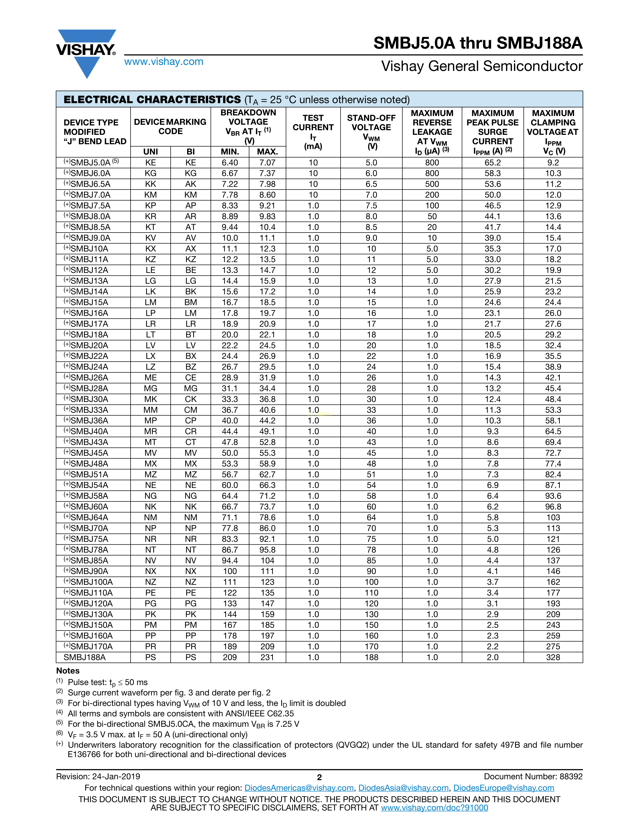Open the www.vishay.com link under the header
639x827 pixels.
click(x=164, y=62)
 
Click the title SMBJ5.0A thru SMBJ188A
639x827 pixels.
click(x=478, y=43)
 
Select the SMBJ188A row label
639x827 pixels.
click(x=84, y=657)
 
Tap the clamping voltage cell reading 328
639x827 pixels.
click(x=553, y=657)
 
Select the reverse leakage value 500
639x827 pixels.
click(x=432, y=184)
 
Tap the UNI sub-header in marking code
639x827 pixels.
click(x=151, y=152)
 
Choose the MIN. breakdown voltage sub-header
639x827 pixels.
click(x=230, y=152)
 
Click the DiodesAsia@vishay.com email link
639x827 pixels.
click(x=403, y=788)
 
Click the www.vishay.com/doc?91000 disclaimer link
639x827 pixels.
click(x=434, y=808)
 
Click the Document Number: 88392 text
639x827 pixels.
click(x=533, y=777)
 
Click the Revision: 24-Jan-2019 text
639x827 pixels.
click(x=98, y=777)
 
